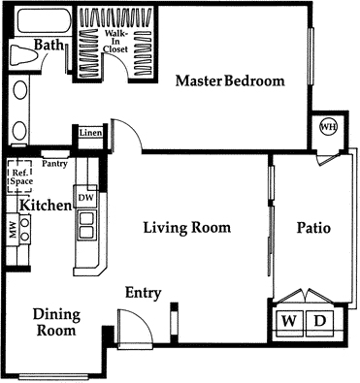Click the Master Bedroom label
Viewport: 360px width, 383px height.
coord(230,80)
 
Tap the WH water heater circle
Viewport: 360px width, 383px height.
coord(328,127)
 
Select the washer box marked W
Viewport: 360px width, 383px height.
coord(289,322)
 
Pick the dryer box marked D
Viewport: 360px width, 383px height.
coord(319,322)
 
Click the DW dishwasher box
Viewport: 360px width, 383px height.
coord(85,197)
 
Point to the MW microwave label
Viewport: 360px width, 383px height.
coord(13,230)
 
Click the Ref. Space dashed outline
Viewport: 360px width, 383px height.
coord(19,176)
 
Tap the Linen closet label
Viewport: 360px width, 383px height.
coord(91,133)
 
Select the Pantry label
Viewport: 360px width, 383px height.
coord(54,164)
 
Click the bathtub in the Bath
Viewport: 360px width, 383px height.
coord(44,20)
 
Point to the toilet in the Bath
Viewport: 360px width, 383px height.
coord(23,54)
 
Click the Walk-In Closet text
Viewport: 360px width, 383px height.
coord(115,41)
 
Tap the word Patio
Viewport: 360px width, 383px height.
coord(313,228)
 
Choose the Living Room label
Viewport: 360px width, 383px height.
coord(187,228)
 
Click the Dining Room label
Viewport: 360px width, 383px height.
coord(56,323)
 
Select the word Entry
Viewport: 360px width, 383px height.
coord(143,293)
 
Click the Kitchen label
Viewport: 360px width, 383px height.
coord(46,206)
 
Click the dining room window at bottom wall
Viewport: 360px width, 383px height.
coord(53,377)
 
